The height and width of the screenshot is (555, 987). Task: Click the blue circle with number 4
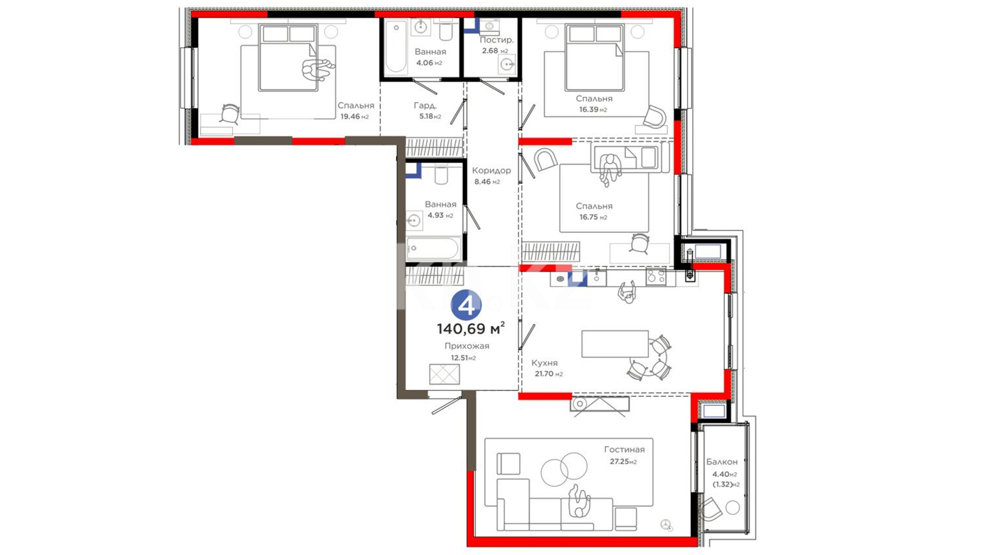[466, 305]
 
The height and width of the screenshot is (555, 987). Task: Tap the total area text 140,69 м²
[471, 328]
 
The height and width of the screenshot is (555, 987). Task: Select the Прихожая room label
[467, 346]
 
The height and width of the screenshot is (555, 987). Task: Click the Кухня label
[544, 363]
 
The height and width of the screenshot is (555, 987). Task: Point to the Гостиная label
[624, 450]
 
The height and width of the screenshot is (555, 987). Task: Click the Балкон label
[722, 462]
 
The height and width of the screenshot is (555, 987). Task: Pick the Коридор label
[491, 171]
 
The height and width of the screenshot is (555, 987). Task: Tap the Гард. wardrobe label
[425, 105]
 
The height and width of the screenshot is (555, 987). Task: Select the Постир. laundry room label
[497, 40]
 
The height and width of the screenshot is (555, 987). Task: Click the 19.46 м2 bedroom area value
[355, 117]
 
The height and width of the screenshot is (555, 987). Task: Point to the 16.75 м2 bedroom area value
[593, 217]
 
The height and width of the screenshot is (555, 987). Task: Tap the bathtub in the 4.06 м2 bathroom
[396, 47]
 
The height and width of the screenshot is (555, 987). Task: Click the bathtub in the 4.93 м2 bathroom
[433, 249]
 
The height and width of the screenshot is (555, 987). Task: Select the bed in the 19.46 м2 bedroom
[288, 58]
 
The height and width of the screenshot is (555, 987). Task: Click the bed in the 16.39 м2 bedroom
[594, 58]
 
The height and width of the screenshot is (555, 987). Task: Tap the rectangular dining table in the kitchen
[615, 344]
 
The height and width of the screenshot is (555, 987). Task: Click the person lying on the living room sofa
[580, 501]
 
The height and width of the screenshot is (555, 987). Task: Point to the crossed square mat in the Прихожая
[444, 374]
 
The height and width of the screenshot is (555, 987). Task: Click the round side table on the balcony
[732, 508]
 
